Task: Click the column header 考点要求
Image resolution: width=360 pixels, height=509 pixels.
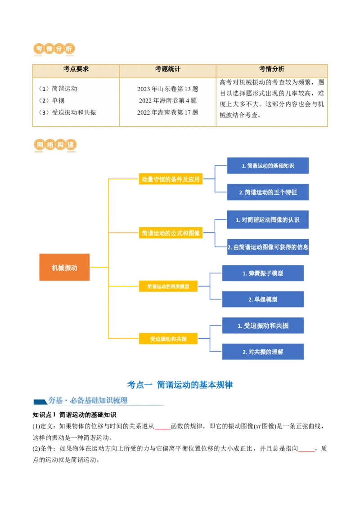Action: [x=76, y=69]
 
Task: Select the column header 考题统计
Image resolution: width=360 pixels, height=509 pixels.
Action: [x=168, y=69]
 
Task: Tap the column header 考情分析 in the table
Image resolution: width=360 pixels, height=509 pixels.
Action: [x=271, y=69]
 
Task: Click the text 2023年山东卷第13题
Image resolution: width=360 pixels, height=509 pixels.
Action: [x=168, y=89]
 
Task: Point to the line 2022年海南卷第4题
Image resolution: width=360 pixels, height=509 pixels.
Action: [x=168, y=101]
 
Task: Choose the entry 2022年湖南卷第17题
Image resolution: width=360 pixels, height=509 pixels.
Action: [x=168, y=112]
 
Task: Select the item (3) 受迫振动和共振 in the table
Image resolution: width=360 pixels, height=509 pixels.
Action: [x=67, y=112]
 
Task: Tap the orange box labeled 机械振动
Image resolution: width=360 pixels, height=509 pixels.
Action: [x=64, y=268]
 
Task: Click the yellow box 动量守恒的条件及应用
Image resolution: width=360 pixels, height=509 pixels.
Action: [x=170, y=179]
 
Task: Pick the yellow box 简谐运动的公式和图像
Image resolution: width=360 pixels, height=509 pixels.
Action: [x=170, y=233]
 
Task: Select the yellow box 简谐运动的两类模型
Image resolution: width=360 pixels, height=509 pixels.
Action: [x=168, y=286]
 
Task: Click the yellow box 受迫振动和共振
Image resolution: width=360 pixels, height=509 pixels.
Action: [x=168, y=339]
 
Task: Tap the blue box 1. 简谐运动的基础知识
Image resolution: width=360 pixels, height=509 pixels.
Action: [x=268, y=166]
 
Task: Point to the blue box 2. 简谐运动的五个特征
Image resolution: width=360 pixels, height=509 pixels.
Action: [x=268, y=192]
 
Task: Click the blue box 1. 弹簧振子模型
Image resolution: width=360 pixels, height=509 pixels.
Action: [x=263, y=273]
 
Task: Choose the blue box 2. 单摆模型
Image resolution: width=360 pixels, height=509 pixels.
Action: [x=263, y=299]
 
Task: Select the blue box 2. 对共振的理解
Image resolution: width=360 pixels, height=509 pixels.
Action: [x=263, y=352]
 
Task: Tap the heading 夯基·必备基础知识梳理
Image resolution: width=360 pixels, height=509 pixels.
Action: [x=88, y=401]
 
